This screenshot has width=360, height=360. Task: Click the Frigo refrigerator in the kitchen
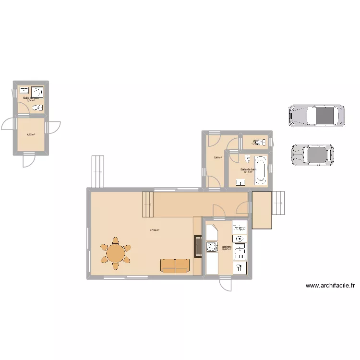coord(240,227)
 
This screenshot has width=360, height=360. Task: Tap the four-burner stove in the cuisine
coord(212,247)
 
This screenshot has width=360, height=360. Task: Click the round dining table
coord(115,253)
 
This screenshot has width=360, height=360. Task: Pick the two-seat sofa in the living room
coord(175,265)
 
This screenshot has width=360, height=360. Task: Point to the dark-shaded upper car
coord(317,116)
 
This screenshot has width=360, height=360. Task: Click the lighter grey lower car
coord(312,155)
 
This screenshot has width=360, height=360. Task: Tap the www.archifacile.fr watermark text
coord(330,286)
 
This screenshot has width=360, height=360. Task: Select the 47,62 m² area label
coord(155,230)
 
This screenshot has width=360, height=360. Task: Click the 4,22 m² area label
coord(30,134)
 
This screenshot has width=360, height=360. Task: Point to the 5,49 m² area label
coord(217,157)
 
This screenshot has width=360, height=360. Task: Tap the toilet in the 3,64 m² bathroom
coord(39,108)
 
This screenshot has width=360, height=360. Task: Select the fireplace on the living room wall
coord(197,246)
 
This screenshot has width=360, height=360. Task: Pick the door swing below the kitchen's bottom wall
coord(225,284)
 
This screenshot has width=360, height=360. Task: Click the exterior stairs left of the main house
coord(97,171)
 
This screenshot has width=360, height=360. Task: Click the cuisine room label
coord(226,247)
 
